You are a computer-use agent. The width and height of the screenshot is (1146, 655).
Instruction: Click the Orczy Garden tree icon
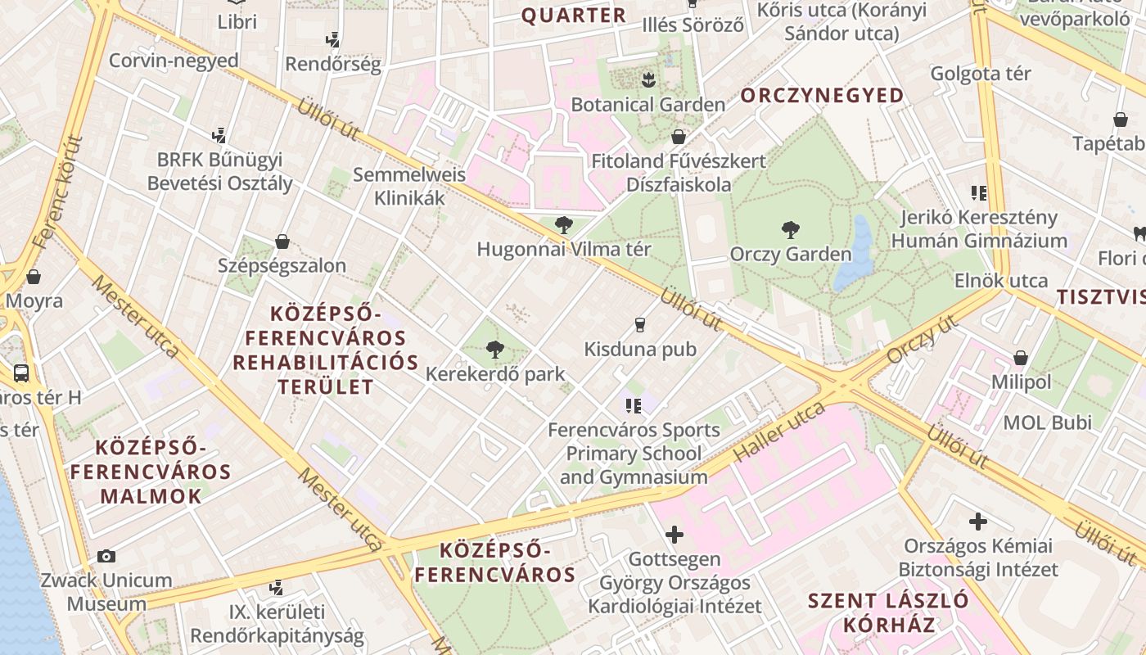(x=790, y=229)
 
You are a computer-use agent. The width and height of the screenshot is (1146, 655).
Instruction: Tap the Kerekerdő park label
(x=495, y=374)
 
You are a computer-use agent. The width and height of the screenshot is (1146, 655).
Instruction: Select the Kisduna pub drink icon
(x=640, y=325)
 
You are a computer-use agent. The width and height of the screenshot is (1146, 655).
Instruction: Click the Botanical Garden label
(x=647, y=105)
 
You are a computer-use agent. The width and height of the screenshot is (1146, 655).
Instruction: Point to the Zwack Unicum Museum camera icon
(x=106, y=557)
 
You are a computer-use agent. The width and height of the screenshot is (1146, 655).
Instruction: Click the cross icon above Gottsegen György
(x=675, y=535)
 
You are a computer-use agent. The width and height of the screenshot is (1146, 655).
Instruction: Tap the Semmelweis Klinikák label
(x=409, y=186)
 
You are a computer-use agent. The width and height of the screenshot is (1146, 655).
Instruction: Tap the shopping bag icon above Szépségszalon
(x=282, y=242)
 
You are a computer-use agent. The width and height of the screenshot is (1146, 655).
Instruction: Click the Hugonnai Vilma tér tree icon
(x=563, y=225)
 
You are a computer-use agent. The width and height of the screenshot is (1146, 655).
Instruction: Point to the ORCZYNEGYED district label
(x=823, y=96)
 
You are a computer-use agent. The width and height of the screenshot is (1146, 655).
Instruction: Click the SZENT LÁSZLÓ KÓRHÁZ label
(x=888, y=612)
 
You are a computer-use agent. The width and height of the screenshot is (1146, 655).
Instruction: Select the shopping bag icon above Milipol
(x=1020, y=358)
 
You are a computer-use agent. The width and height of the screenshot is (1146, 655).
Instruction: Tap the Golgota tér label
(x=981, y=74)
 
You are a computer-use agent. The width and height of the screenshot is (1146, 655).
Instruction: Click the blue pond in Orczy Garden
(x=855, y=254)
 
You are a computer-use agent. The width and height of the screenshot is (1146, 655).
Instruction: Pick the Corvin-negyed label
(x=174, y=61)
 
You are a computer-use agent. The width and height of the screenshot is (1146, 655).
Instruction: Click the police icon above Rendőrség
(x=332, y=39)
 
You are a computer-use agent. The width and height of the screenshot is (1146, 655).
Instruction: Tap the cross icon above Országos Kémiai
(x=978, y=522)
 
